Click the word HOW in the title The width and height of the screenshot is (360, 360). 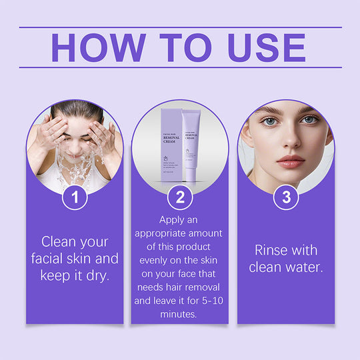pyautogui.click(x=99, y=47)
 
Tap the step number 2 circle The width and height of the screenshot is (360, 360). pyautogui.click(x=179, y=197)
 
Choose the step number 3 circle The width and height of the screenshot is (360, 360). pyautogui.click(x=286, y=197)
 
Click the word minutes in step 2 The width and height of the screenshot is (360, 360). pyautogui.click(x=179, y=313)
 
